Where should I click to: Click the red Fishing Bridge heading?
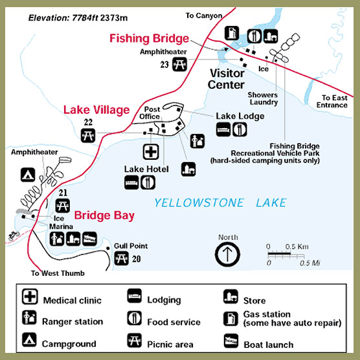click(x=149, y=38)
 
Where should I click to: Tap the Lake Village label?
click(x=96, y=109)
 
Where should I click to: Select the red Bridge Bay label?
click(x=104, y=216)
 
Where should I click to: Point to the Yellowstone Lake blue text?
click(x=220, y=203)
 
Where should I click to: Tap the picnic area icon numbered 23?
click(x=179, y=64)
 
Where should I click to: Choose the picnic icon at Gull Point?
click(x=121, y=258)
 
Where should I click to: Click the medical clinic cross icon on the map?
click(x=151, y=152)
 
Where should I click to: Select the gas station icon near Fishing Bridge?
click(x=232, y=33)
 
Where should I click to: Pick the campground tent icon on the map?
click(x=28, y=175)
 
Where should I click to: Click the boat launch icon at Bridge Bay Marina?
click(x=89, y=239)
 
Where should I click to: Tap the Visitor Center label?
click(x=226, y=79)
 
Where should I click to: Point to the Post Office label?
click(x=150, y=113)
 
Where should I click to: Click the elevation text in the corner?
click(x=78, y=18)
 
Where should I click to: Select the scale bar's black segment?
click(x=279, y=254)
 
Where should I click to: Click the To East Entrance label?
click(x=332, y=101)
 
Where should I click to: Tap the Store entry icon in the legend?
click(x=231, y=297)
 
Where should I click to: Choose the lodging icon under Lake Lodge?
click(x=223, y=129)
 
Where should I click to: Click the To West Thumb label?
click(x=58, y=273)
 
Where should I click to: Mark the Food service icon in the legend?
click(x=134, y=318)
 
